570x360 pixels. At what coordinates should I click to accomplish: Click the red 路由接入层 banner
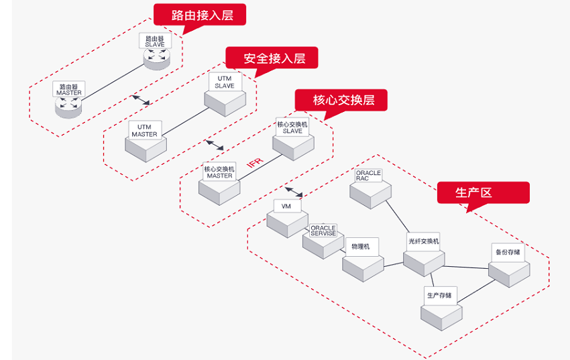pos(199,15)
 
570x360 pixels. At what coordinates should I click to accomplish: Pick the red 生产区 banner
pos(473,192)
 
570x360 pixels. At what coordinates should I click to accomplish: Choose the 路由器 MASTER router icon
pos(68,105)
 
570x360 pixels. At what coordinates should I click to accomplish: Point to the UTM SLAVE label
pos(225,82)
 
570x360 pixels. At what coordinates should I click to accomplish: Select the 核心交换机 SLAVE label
pos(292,127)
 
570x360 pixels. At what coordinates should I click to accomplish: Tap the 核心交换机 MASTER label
pos(219,172)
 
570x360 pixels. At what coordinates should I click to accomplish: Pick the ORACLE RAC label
pos(368,176)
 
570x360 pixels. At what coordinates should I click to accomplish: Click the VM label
pos(286,206)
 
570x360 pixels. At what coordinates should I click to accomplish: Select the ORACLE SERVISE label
pos(323,231)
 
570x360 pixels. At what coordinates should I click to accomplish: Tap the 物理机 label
pos(360,246)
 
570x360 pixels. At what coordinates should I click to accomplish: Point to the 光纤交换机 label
pos(423,241)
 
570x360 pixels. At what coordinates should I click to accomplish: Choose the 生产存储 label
pos(439,295)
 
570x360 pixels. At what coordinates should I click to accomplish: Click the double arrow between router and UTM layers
pos(141,99)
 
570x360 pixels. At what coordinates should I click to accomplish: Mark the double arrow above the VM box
pos(294,191)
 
